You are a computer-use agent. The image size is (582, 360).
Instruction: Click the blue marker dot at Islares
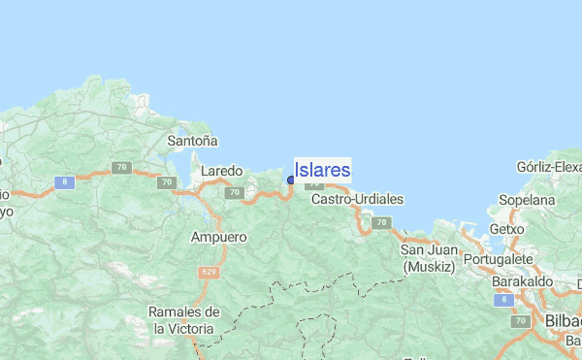(x=291, y=180)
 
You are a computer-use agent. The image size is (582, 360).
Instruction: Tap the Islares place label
(x=322, y=170)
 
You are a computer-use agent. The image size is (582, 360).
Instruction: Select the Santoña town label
(x=192, y=141)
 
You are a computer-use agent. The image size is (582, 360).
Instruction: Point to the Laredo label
(x=221, y=171)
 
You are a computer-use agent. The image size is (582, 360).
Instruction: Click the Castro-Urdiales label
(x=356, y=199)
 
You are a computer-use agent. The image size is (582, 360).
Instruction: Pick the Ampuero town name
(x=219, y=237)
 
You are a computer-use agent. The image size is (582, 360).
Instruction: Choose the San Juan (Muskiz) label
(x=429, y=258)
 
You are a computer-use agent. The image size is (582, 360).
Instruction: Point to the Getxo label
(x=506, y=229)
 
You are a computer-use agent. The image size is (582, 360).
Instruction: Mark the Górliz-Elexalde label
(x=550, y=167)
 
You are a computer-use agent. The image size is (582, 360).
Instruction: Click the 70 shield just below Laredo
(x=233, y=193)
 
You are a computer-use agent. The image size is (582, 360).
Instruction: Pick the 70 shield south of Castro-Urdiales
(x=381, y=222)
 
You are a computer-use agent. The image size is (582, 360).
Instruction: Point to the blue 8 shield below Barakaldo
(x=501, y=301)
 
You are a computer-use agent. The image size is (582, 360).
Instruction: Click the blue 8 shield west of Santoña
(x=64, y=181)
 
